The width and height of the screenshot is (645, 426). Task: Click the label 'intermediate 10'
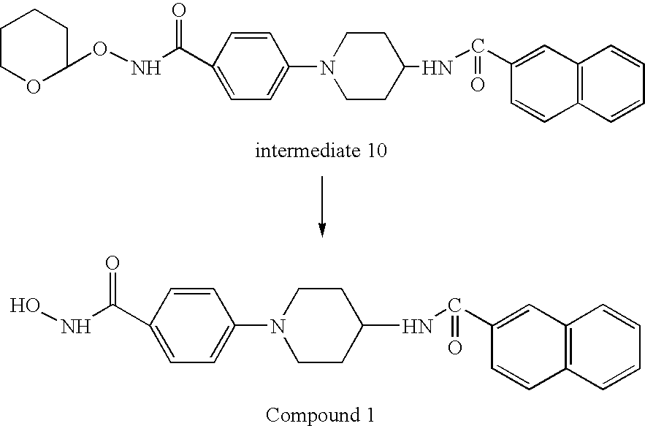(321, 151)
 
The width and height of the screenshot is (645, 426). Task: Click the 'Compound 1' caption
(321, 415)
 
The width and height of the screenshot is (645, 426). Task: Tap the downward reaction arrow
(322, 207)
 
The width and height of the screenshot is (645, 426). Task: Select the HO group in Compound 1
(25, 306)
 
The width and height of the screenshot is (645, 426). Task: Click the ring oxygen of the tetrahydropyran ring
(34, 87)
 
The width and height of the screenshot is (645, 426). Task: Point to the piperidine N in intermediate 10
(327, 67)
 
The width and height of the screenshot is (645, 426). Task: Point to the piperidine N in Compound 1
(278, 327)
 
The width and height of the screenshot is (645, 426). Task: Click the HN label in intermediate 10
(437, 68)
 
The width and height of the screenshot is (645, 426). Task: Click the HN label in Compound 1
(417, 327)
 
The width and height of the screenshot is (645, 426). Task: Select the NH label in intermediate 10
(146, 68)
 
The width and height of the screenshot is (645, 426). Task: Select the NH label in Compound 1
(76, 327)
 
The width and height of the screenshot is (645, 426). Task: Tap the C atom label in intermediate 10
(478, 46)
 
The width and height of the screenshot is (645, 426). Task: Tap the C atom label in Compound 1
(454, 305)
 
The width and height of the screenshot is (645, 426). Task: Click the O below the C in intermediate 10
(478, 85)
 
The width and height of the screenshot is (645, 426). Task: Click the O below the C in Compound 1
(454, 348)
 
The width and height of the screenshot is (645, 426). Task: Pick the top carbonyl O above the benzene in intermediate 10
(179, 11)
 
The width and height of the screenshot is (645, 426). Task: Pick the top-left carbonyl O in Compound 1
(112, 262)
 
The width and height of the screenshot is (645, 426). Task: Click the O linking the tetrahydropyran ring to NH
(99, 48)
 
